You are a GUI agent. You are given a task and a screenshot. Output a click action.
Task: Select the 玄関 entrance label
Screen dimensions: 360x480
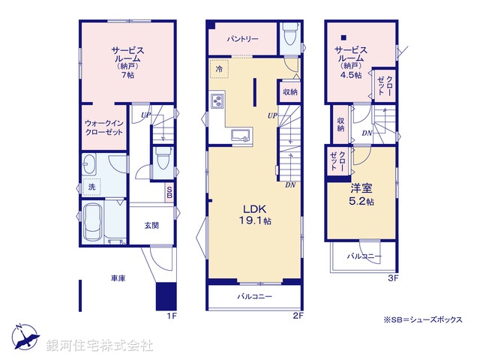tap(152, 224)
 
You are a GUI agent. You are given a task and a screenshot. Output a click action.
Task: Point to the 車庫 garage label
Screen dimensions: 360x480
tap(118, 278)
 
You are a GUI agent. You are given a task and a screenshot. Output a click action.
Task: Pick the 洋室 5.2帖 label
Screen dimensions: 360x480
tap(361, 196)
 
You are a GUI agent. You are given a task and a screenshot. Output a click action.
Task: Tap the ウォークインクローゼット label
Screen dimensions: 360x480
tap(104, 127)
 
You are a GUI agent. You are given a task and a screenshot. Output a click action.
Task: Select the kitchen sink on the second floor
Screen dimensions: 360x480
tap(240, 135)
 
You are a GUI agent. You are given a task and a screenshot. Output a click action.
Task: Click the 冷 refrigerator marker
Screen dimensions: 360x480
tap(220, 67)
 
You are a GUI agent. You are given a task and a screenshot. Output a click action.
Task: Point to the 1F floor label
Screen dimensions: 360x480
tap(172, 316)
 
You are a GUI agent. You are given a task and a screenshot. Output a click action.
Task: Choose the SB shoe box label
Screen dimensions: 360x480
tap(170, 192)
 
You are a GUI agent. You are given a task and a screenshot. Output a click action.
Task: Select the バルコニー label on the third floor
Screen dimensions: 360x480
tap(363, 256)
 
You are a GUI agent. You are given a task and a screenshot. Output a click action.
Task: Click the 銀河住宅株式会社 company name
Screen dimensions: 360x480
tap(100, 346)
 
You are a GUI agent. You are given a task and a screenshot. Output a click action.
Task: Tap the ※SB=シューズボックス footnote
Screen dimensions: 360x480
tap(423, 319)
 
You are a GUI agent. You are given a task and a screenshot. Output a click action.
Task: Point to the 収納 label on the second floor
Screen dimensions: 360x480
tap(290, 91)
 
